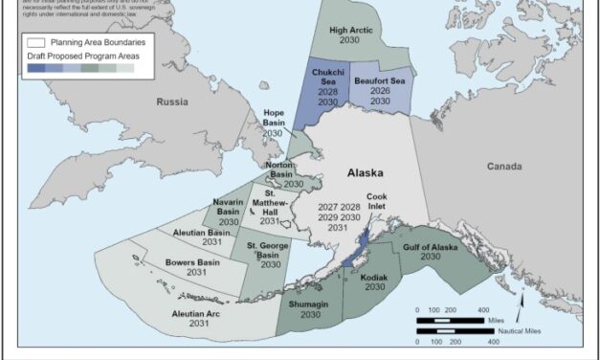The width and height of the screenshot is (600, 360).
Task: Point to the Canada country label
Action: pos(504,166)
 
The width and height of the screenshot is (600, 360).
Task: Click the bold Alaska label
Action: pos(364,173)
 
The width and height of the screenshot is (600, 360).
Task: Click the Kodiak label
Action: pos(374,280)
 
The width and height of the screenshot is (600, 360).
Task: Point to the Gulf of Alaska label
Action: pos(431,250)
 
